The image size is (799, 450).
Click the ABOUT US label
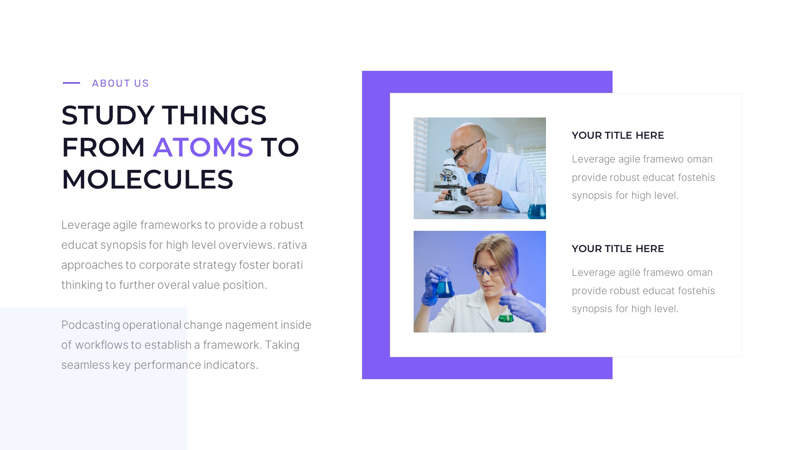tap(120, 83)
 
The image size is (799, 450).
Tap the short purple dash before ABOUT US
tap(71, 83)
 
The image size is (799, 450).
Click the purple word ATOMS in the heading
tap(203, 147)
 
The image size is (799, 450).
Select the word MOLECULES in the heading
tap(147, 180)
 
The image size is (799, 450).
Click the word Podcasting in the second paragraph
tap(90, 325)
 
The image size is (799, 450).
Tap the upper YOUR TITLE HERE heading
tap(618, 135)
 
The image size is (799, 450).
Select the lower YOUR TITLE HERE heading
tap(618, 249)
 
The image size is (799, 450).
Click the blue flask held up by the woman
tap(444, 287)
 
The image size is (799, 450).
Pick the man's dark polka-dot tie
tap(480, 178)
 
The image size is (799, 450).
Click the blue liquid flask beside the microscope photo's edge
tap(537, 208)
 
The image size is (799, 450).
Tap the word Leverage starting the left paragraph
tap(85, 225)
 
